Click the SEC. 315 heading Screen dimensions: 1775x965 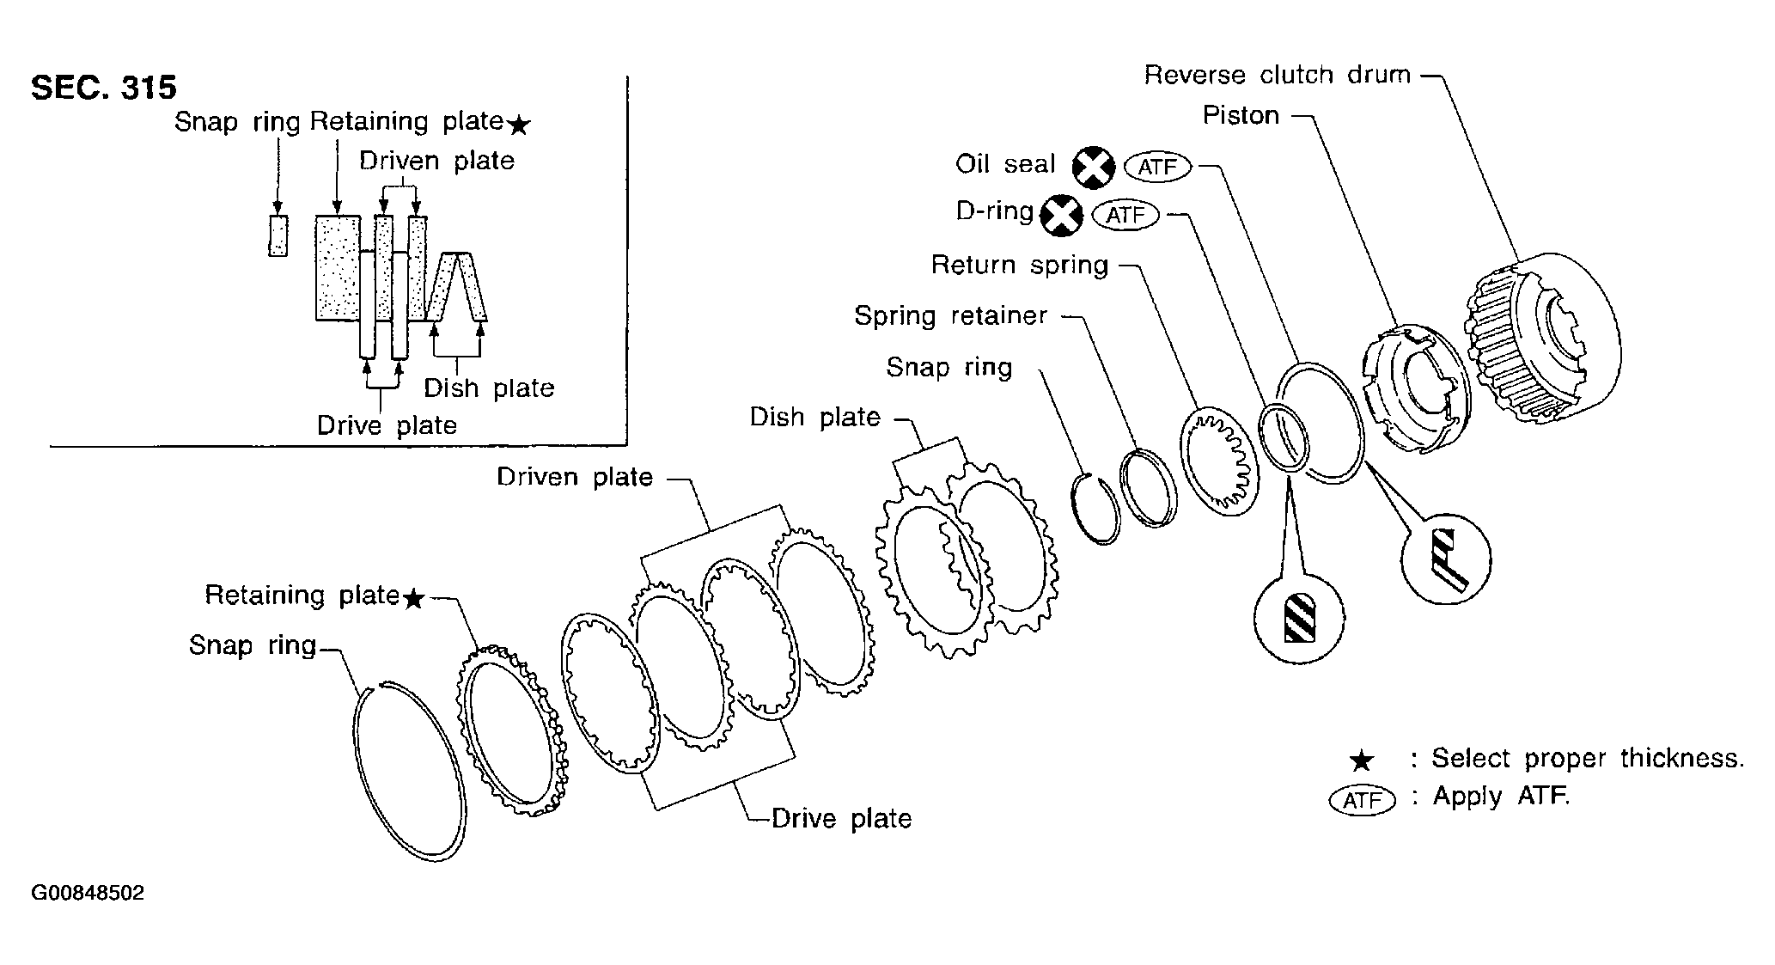pyautogui.click(x=104, y=88)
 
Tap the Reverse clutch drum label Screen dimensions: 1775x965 pyautogui.click(x=1277, y=75)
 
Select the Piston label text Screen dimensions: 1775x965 pyautogui.click(x=1241, y=115)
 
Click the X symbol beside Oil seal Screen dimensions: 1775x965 pyautogui.click(x=1093, y=167)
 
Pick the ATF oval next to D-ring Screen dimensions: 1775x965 pyautogui.click(x=1125, y=214)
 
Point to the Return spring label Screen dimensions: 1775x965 pyautogui.click(x=1020, y=265)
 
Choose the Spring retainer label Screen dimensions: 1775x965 pyautogui.click(x=950, y=315)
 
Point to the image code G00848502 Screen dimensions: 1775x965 pyautogui.click(x=88, y=893)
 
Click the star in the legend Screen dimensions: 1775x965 pyautogui.click(x=1362, y=760)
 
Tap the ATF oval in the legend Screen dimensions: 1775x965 pyautogui.click(x=1362, y=800)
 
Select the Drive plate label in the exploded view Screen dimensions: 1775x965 pyautogui.click(x=841, y=818)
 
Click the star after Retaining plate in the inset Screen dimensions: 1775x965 pyautogui.click(x=519, y=126)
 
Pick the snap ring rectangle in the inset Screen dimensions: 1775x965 pyautogui.click(x=278, y=235)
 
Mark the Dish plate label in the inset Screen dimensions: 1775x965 pyautogui.click(x=489, y=388)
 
